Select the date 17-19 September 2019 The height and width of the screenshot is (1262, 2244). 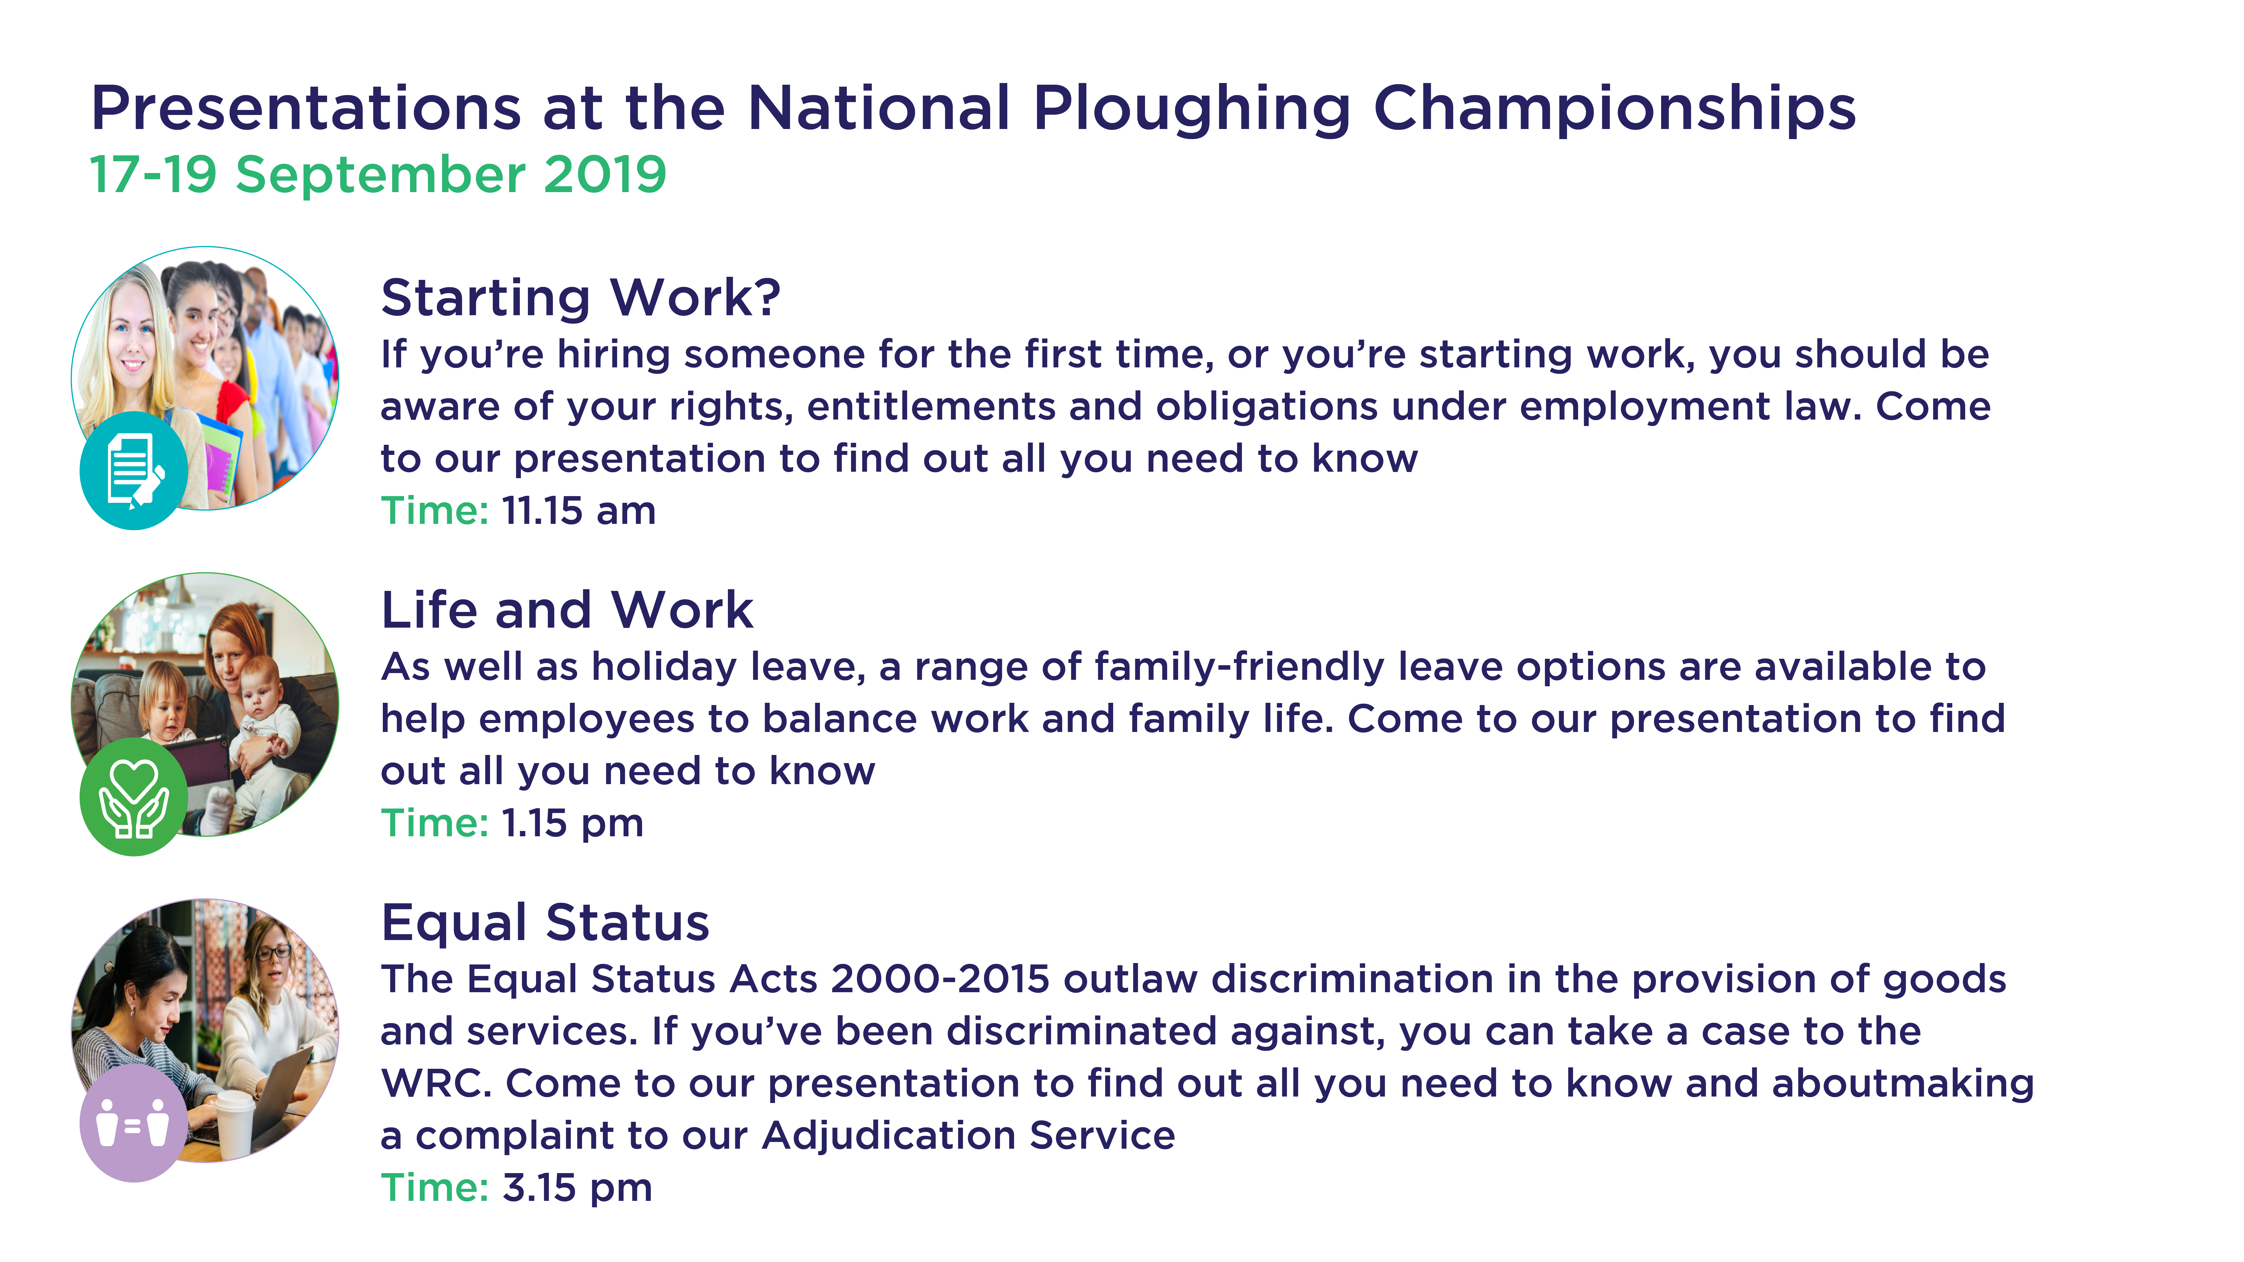click(378, 174)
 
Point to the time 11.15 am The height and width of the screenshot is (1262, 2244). click(578, 510)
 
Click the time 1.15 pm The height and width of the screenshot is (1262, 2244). click(572, 823)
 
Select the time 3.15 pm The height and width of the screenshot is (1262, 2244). click(577, 1188)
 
